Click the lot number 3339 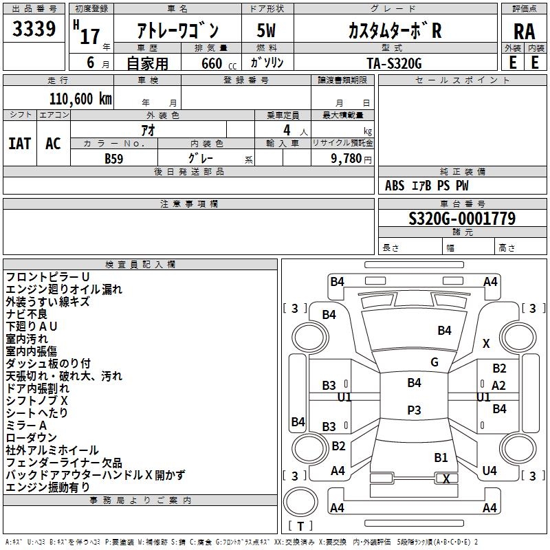[34, 30]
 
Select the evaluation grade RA [524, 31]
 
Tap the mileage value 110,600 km [80, 99]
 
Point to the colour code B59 [114, 157]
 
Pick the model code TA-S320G [393, 63]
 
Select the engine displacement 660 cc [212, 63]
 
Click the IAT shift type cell [20, 144]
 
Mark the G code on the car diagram [434, 362]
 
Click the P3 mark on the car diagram [414, 410]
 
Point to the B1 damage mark [441, 457]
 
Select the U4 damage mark [489, 471]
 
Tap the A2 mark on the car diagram [498, 386]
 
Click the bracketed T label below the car [300, 526]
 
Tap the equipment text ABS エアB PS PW [426, 186]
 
